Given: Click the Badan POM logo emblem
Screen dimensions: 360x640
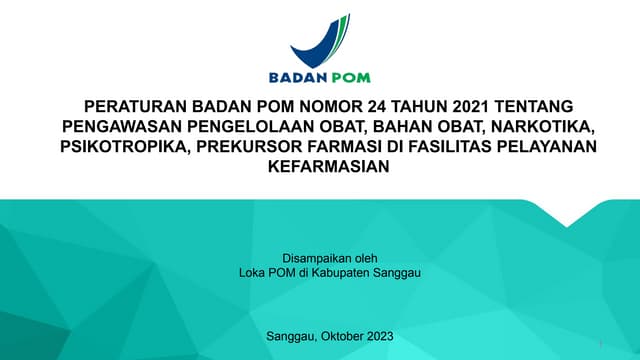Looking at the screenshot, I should [320, 40].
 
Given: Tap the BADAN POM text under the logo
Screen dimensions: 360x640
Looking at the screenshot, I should [320, 77].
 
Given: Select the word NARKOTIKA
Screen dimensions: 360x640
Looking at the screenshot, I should [534, 128].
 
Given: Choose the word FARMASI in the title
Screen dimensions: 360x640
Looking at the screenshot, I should [343, 148].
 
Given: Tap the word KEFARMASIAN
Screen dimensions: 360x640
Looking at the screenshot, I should [320, 168].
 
